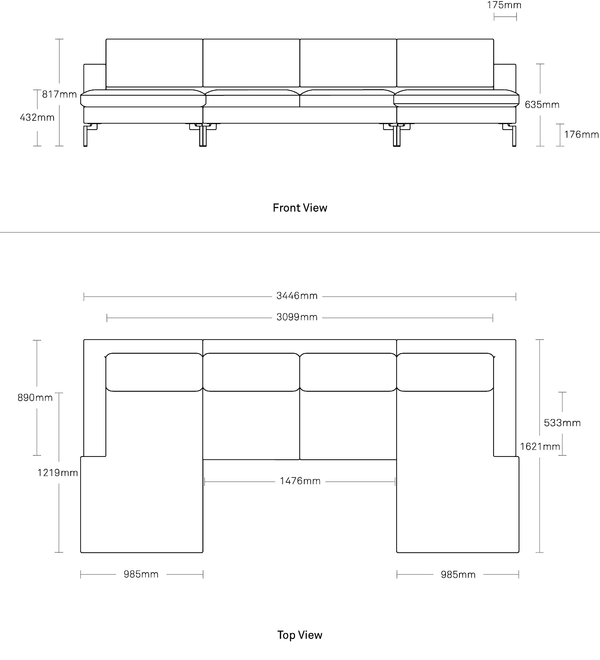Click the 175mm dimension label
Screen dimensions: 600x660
click(x=504, y=5)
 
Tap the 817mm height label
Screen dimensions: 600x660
click(x=59, y=94)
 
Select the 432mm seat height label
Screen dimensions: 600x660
click(x=37, y=117)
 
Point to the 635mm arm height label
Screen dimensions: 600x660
click(x=542, y=105)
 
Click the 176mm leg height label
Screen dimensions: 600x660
click(x=582, y=135)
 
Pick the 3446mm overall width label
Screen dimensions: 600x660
click(x=297, y=296)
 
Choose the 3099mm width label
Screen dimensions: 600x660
click(x=297, y=317)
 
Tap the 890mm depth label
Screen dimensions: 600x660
click(x=35, y=397)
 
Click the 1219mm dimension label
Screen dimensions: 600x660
click(x=58, y=473)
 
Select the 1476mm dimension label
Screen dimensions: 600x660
click(x=300, y=481)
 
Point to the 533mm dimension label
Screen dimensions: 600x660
click(x=562, y=423)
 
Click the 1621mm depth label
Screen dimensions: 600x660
click(x=540, y=447)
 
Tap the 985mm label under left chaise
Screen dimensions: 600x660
click(x=141, y=574)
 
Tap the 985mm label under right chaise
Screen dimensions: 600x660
click(x=458, y=575)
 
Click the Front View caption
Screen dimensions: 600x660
click(x=300, y=208)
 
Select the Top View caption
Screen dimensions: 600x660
click(x=300, y=635)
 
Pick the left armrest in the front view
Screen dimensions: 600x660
click(x=95, y=77)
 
